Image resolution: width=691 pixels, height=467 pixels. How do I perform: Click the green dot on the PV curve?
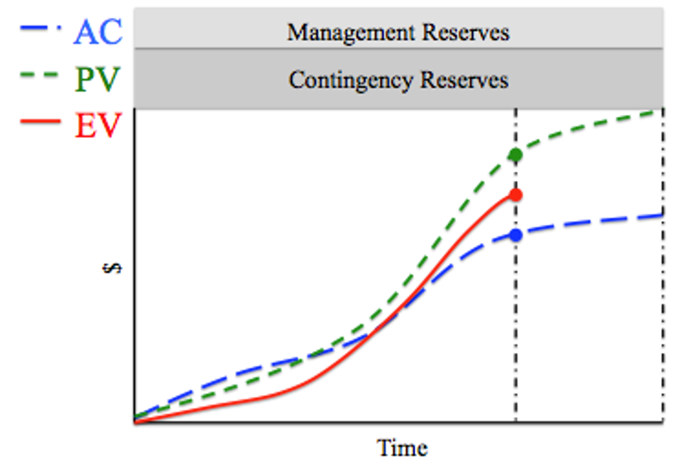tap(515, 154)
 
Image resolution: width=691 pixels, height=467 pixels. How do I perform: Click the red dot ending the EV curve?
tap(515, 195)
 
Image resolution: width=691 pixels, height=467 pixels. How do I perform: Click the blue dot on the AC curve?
tap(515, 234)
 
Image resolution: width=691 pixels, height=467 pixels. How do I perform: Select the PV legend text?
tap(97, 80)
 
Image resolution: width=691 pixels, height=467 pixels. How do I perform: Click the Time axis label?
tap(403, 448)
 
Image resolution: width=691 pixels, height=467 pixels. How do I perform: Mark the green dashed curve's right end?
tap(660, 111)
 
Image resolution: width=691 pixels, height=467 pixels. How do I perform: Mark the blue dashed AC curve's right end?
tap(660, 215)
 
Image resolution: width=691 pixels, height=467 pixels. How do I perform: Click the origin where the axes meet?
tap(133, 422)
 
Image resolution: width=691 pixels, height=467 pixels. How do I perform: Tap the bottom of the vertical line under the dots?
tap(515, 420)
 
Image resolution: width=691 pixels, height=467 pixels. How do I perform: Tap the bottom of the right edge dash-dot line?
tap(662, 420)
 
